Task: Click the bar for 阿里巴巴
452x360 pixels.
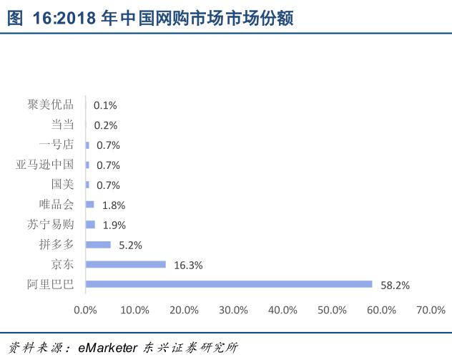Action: pyautogui.click(x=229, y=284)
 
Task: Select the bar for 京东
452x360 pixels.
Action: pyautogui.click(x=126, y=264)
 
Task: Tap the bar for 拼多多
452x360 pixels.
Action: pyautogui.click(x=98, y=245)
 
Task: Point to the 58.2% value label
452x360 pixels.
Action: pyautogui.click(x=395, y=285)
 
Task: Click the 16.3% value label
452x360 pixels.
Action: pyautogui.click(x=188, y=265)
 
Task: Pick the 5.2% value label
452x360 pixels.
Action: pyautogui.click(x=130, y=245)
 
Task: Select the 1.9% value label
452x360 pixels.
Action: pyautogui.click(x=114, y=225)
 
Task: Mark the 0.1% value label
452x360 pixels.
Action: pyautogui.click(x=104, y=105)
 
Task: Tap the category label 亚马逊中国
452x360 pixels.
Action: pyautogui.click(x=44, y=165)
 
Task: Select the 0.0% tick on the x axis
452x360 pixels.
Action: pyautogui.click(x=85, y=310)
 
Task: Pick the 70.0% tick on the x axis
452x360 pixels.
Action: pyautogui.click(x=431, y=310)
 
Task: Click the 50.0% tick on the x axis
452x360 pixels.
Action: pyautogui.click(x=332, y=310)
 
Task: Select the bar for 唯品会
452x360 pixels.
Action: pyautogui.click(x=90, y=205)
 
